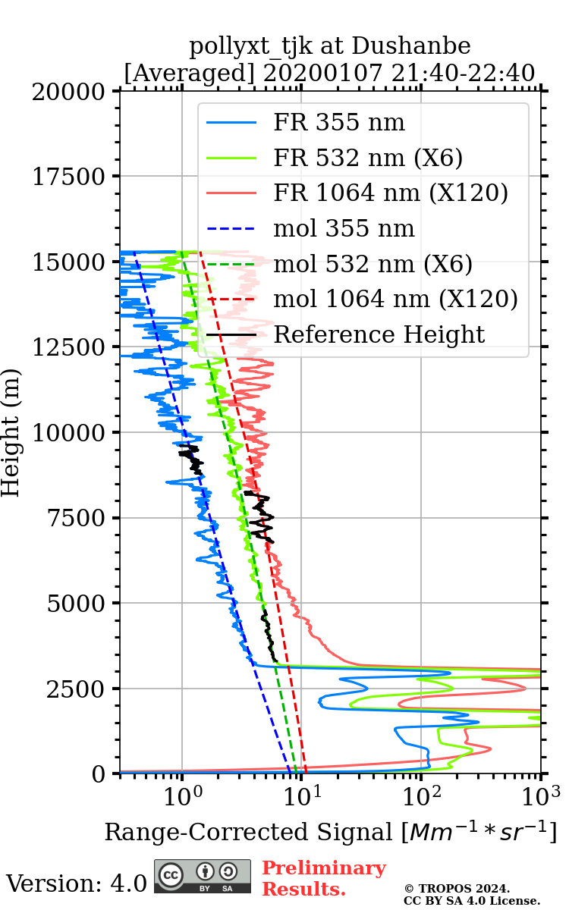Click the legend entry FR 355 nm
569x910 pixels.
pyautogui.click(x=339, y=123)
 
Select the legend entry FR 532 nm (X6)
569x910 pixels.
pyautogui.click(x=368, y=158)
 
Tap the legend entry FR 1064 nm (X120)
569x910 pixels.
pyautogui.click(x=390, y=193)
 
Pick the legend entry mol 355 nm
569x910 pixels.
pyautogui.click(x=344, y=228)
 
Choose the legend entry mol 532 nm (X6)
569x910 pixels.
pyautogui.click(x=373, y=264)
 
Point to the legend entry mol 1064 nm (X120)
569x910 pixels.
pyautogui.click(x=395, y=299)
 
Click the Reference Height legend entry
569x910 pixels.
pyautogui.click(x=379, y=334)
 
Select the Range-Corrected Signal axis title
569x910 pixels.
pyautogui.click(x=330, y=832)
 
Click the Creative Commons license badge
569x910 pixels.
pyautogui.click(x=203, y=876)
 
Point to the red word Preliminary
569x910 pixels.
pyautogui.click(x=324, y=868)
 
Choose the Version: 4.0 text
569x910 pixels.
pyautogui.click(x=77, y=883)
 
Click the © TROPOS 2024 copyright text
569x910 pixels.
pyautogui.click(x=457, y=889)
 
